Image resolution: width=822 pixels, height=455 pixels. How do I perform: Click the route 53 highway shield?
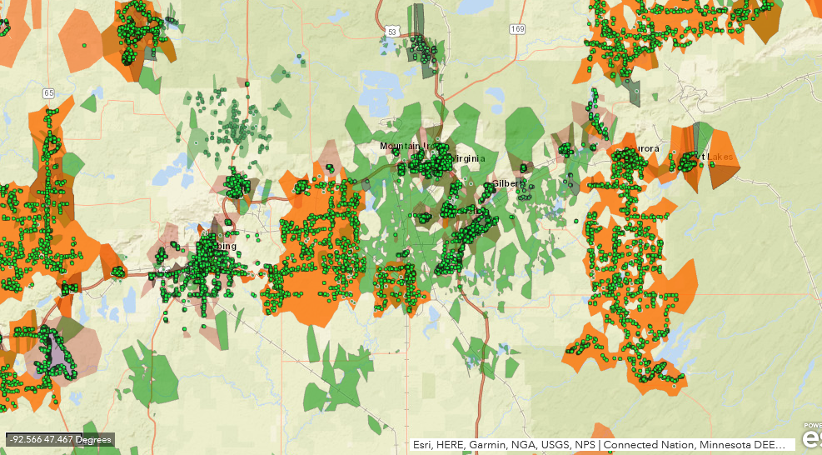point(391,31)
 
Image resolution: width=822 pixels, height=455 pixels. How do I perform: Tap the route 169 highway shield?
point(518,29)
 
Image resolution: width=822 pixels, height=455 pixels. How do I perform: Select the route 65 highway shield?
point(48,92)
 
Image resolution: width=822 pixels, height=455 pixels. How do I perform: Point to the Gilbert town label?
point(506,183)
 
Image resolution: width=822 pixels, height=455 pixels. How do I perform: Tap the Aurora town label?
point(643,149)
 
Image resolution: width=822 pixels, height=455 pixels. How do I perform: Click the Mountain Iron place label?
point(403,146)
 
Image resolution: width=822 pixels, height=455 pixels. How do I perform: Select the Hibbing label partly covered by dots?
point(223,247)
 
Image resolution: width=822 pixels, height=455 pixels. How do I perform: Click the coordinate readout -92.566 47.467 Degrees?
point(59,439)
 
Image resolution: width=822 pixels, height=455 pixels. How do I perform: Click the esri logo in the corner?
point(811,437)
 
